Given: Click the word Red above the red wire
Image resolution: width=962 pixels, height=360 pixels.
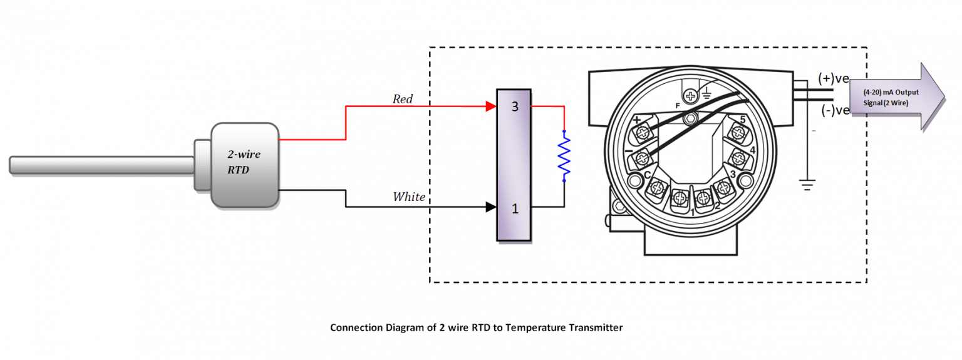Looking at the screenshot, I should tap(403, 99).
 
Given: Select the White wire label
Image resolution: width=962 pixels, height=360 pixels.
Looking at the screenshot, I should tap(409, 197).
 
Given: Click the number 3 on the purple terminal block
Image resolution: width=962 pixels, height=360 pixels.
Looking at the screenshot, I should tap(515, 106).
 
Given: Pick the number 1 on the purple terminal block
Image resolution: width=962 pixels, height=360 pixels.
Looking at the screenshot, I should tap(515, 208).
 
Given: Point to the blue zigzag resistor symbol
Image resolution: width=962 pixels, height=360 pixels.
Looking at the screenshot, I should tap(564, 157).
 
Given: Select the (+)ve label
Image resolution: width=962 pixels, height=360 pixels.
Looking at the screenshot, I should tap(833, 78).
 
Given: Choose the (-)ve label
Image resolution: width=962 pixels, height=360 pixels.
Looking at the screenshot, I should tap(833, 110).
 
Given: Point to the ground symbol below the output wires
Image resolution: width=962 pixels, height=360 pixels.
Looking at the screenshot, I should tap(807, 185).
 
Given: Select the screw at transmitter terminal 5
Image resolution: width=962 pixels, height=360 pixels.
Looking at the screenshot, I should tap(737, 133).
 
